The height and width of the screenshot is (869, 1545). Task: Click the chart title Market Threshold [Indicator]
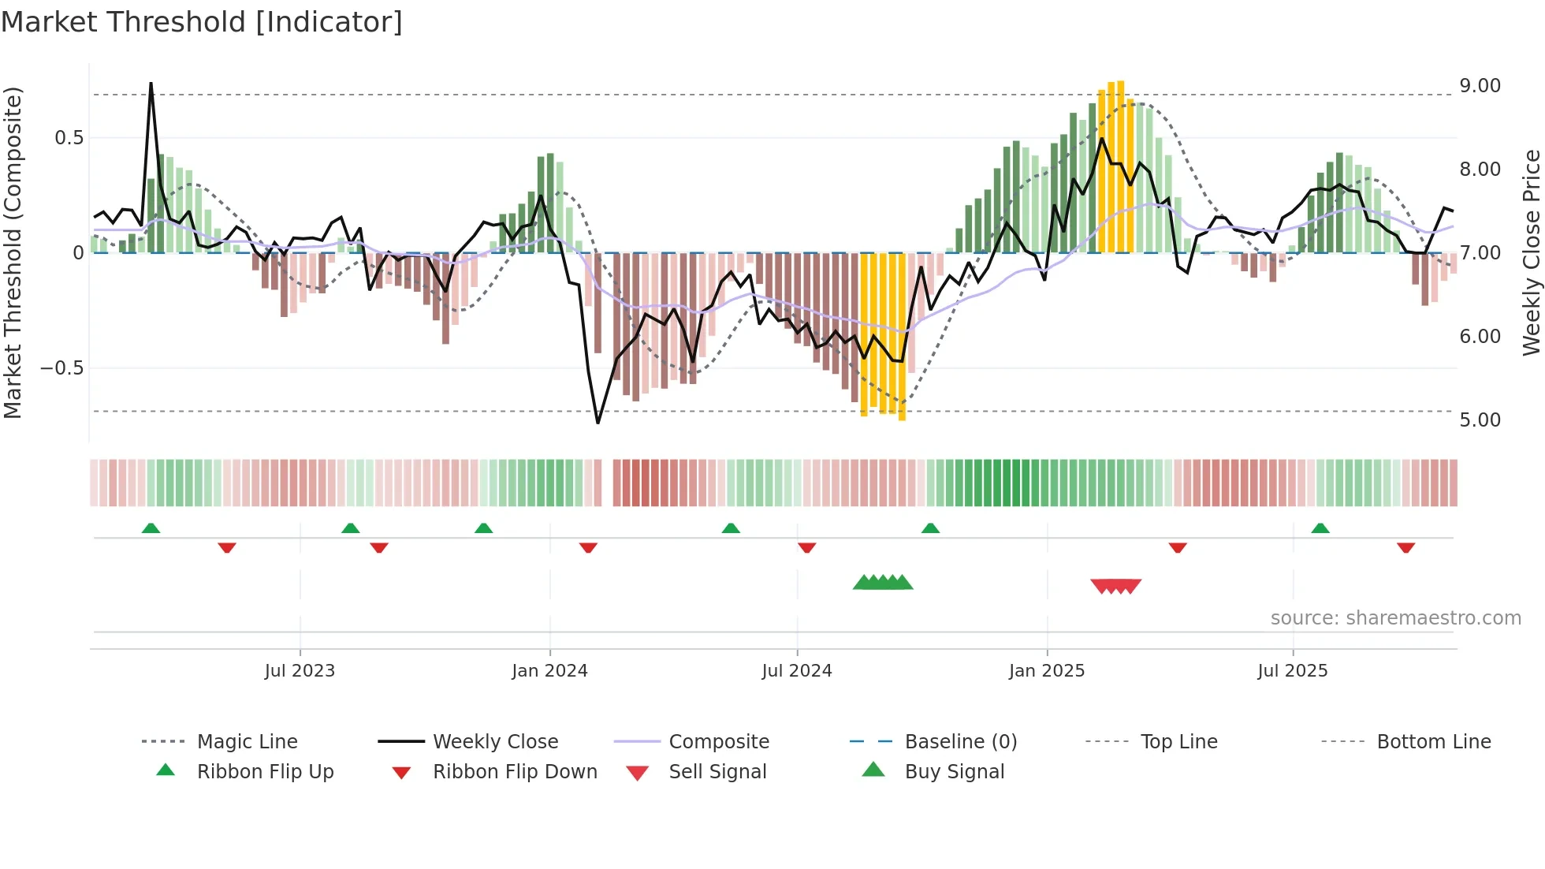(x=202, y=22)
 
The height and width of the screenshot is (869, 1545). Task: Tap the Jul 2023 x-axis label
(x=300, y=671)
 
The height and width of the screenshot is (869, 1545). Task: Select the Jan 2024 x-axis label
(x=549, y=671)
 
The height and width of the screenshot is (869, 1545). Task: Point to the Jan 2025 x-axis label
(x=1047, y=671)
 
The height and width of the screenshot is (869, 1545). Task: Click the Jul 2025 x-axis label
(x=1293, y=671)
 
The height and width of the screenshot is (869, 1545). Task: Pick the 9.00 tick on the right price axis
(x=1480, y=86)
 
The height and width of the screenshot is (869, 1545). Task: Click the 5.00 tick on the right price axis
(x=1480, y=420)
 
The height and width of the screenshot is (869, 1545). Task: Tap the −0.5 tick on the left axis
(x=61, y=368)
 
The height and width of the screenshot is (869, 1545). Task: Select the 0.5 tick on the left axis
(x=69, y=138)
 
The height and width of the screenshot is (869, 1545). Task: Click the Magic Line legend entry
(x=247, y=742)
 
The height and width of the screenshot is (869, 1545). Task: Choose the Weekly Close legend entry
(x=495, y=742)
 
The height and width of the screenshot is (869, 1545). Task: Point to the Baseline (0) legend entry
(x=960, y=742)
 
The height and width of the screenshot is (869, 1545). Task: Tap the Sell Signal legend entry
(x=717, y=772)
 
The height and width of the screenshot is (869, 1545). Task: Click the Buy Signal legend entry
(x=954, y=772)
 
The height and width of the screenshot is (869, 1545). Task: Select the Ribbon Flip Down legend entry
(x=514, y=772)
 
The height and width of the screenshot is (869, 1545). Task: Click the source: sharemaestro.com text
(x=1395, y=618)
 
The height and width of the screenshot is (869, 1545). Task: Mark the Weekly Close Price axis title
(x=1531, y=252)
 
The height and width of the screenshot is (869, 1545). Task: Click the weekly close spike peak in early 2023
(x=151, y=84)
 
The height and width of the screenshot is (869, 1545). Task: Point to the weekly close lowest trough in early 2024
(x=598, y=423)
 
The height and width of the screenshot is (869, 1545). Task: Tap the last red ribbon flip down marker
(x=1405, y=547)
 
